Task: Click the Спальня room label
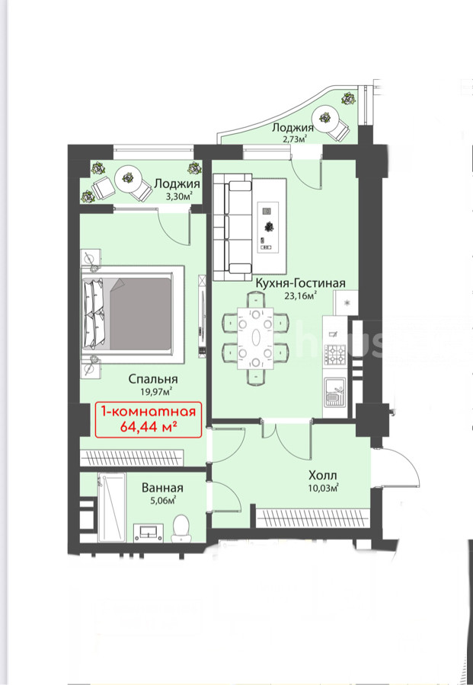153,379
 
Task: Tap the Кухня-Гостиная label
300,283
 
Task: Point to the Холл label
323,475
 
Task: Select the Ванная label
162,488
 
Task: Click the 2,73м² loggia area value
293,139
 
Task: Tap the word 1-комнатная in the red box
149,412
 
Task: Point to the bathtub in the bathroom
112,507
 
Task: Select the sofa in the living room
232,227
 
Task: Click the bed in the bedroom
132,314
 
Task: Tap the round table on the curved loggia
324,117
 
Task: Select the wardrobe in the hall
312,518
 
